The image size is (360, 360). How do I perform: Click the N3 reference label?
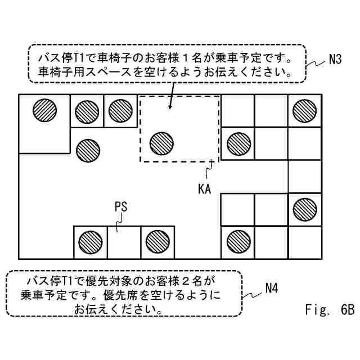(335, 58)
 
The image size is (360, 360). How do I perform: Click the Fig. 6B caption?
(329, 309)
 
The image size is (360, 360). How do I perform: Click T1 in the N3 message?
(77, 57)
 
